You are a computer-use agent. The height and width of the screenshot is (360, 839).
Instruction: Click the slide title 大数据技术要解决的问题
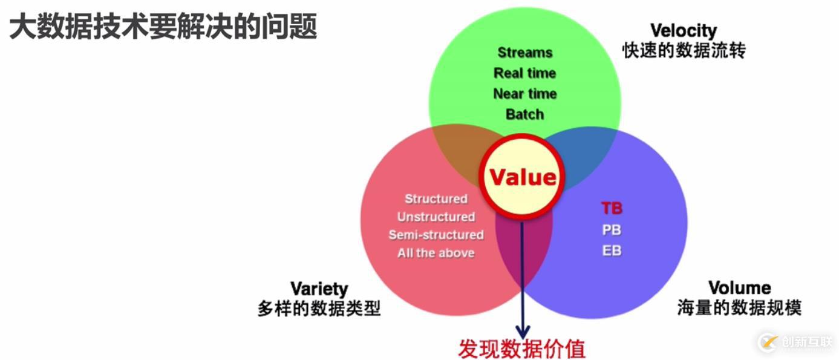pyautogui.click(x=163, y=26)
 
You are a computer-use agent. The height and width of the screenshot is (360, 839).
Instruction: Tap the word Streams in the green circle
pyautogui.click(x=524, y=53)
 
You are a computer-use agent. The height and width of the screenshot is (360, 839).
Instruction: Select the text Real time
pyautogui.click(x=524, y=73)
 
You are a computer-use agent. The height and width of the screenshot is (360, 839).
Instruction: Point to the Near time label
pyautogui.click(x=524, y=94)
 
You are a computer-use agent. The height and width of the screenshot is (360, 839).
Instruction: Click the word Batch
pyautogui.click(x=524, y=114)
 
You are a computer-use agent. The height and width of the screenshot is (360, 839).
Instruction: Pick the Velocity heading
pyautogui.click(x=684, y=31)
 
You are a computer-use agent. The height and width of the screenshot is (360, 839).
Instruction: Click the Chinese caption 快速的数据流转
pyautogui.click(x=684, y=51)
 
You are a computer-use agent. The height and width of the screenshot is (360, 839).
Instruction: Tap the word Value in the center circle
pyautogui.click(x=523, y=177)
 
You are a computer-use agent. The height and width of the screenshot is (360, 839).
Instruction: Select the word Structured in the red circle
pyautogui.click(x=436, y=198)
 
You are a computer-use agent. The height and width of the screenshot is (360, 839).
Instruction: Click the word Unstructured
pyautogui.click(x=436, y=217)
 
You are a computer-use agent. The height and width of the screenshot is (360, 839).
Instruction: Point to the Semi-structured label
pyautogui.click(x=436, y=235)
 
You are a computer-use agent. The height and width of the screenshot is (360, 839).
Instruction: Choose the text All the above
pyautogui.click(x=436, y=253)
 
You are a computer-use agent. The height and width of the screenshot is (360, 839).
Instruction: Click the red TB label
pyautogui.click(x=612, y=208)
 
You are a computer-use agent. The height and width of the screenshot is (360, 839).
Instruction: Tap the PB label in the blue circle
pyautogui.click(x=612, y=230)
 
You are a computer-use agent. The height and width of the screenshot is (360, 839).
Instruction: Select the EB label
pyautogui.click(x=612, y=250)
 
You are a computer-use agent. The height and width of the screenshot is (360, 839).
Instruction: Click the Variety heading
pyautogui.click(x=319, y=289)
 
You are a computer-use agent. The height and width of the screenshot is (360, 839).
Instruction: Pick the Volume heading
pyautogui.click(x=740, y=288)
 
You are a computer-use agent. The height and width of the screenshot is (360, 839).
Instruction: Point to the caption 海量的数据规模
pyautogui.click(x=739, y=308)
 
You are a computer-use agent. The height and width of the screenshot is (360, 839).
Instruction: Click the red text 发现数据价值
pyautogui.click(x=522, y=349)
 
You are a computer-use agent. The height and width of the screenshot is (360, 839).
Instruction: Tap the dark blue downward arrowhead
pyautogui.click(x=523, y=332)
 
